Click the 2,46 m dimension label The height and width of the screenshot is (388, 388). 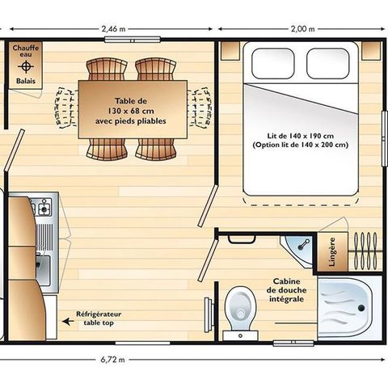(115, 29)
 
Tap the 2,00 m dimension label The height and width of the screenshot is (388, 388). (302, 29)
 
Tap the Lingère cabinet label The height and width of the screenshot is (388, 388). (327, 253)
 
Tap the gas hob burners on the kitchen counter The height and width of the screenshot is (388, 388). (44, 208)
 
